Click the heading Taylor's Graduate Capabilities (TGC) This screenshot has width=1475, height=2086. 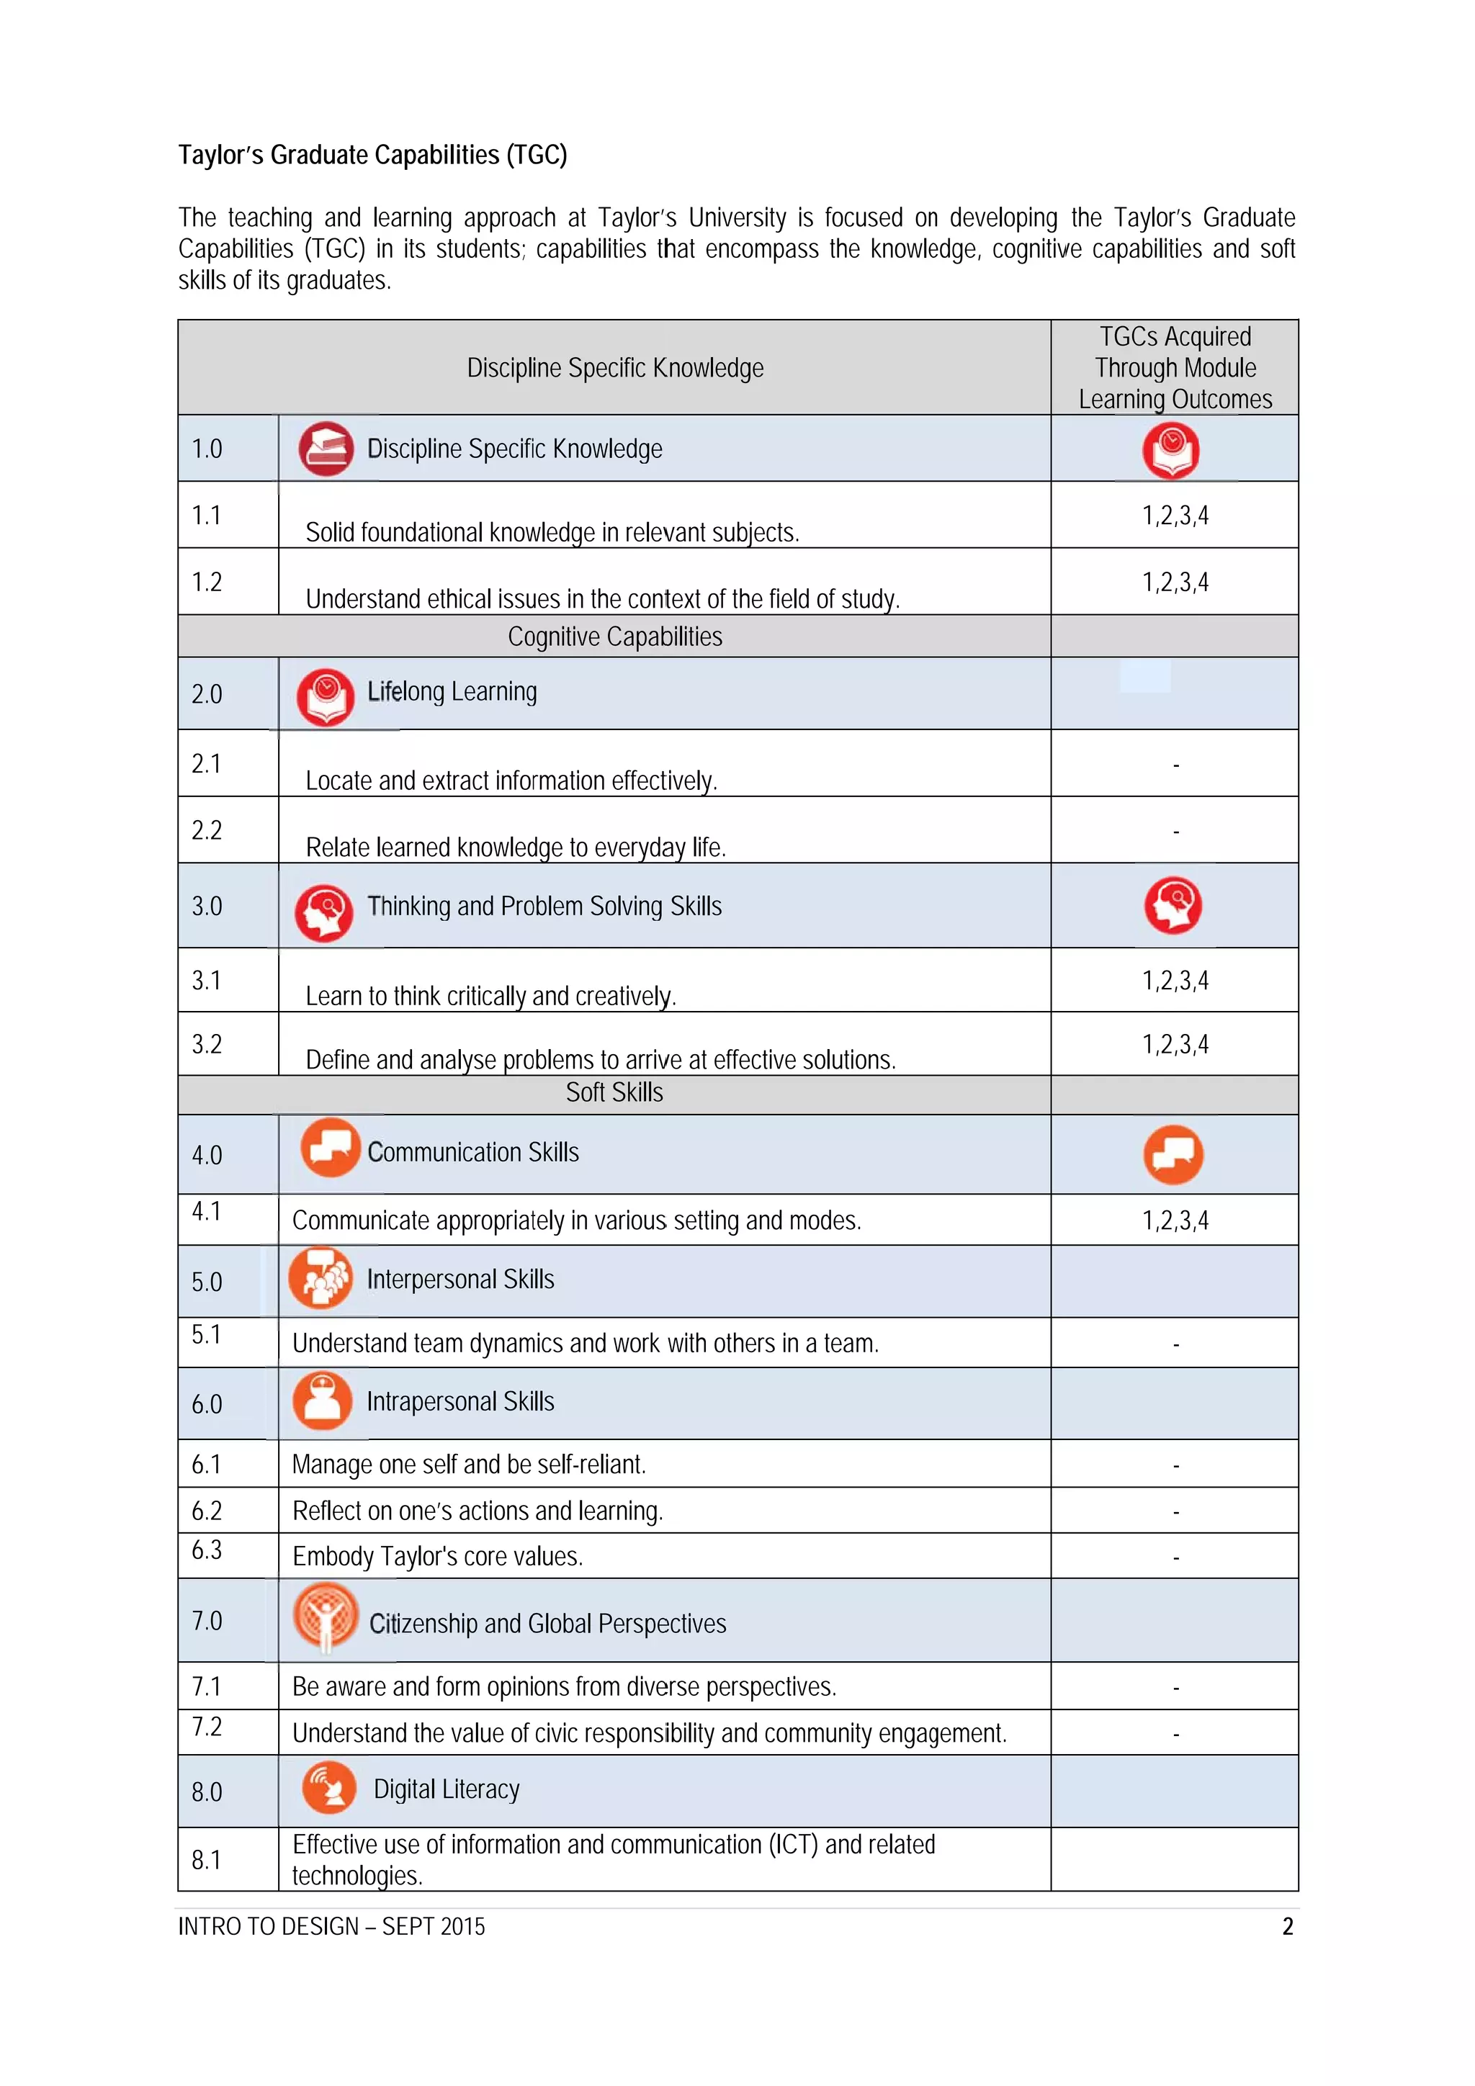tap(372, 156)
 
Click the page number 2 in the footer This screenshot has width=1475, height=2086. tap(1287, 1926)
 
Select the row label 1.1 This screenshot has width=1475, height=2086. tap(206, 515)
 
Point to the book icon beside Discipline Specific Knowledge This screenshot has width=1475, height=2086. tap(326, 449)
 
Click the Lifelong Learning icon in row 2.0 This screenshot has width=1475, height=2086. tap(326, 697)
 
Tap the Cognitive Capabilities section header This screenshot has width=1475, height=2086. tap(614, 637)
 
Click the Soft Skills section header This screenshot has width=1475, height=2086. tap(614, 1093)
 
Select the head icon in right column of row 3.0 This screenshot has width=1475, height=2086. tap(1173, 905)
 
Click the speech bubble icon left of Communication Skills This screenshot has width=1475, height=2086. tap(330, 1148)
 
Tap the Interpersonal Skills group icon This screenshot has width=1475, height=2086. tap(320, 1278)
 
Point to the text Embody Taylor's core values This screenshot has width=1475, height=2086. tap(437, 1556)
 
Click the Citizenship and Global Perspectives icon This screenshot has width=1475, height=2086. tap(326, 1618)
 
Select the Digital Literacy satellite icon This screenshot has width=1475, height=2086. tap(328, 1787)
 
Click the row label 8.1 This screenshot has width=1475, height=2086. tap(206, 1860)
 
